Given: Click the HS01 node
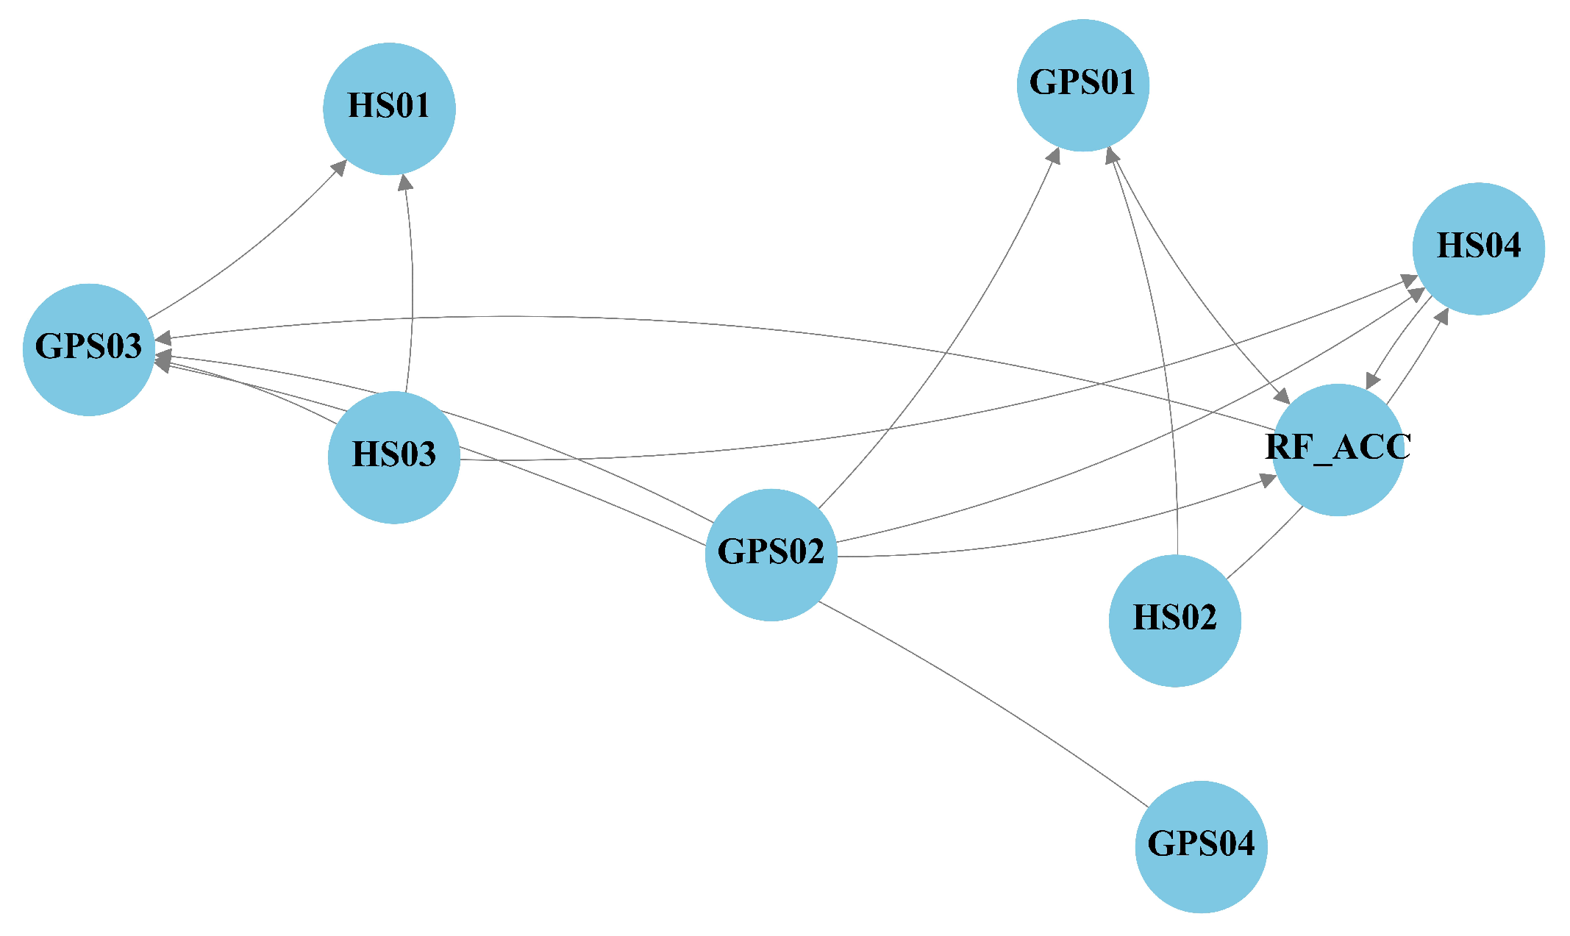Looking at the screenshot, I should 389,109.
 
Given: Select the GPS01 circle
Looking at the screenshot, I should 1082,85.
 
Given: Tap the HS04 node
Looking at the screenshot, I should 1478,249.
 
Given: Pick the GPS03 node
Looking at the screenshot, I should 89,349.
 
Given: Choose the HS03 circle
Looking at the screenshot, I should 394,457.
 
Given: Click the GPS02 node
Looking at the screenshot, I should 771,554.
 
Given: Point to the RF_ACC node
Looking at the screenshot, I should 1338,449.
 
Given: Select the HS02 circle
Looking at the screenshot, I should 1174,620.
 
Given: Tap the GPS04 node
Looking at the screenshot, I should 1201,846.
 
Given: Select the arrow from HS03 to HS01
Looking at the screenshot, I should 412,287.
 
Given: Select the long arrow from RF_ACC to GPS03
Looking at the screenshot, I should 735,331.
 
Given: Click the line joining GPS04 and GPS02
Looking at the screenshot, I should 985,699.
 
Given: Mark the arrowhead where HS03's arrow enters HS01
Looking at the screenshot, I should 404,182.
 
